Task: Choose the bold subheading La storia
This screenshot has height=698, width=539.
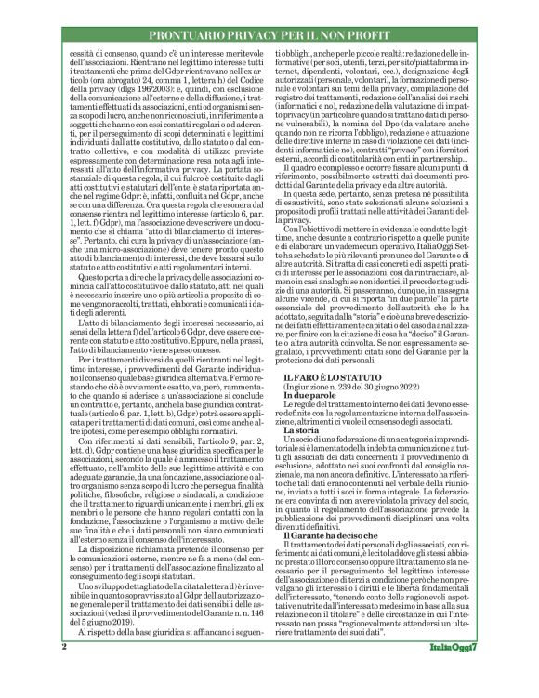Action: (304, 482)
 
